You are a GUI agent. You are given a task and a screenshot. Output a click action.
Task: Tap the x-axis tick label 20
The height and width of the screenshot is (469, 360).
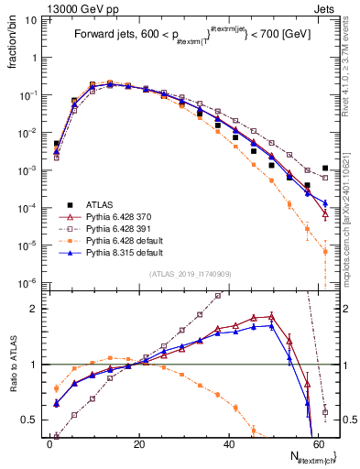[138, 444]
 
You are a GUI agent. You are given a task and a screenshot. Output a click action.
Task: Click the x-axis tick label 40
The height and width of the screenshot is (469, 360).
[228, 444]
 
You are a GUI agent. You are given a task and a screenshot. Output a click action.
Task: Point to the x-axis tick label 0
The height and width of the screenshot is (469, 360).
[49, 444]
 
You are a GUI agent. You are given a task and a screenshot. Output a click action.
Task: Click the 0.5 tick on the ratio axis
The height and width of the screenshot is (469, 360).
[32, 420]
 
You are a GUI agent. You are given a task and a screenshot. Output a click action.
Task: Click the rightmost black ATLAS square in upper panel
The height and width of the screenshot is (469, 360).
[326, 168]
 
